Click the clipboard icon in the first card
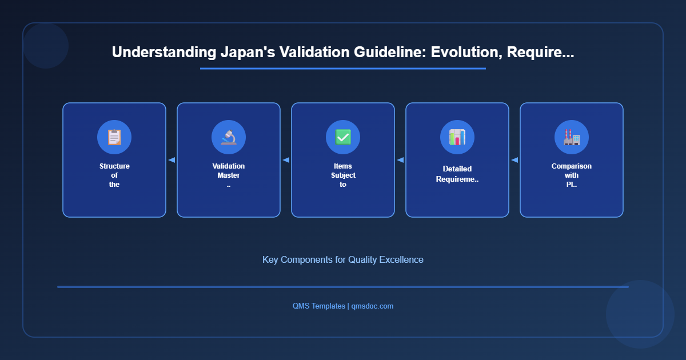coord(114,137)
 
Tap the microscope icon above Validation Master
coord(229,137)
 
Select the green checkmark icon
coord(343,137)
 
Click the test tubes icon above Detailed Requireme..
coord(457,137)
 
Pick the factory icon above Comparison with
coord(572,137)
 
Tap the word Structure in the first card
coord(114,166)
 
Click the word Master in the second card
coord(229,175)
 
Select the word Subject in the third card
coord(343,175)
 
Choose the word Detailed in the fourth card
coord(457,169)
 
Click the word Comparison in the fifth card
coord(572,166)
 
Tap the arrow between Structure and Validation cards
coord(171,160)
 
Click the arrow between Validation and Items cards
coord(286,160)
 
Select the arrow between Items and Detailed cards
coord(400,160)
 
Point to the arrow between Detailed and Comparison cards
coord(514,160)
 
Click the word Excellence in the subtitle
coord(402,259)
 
